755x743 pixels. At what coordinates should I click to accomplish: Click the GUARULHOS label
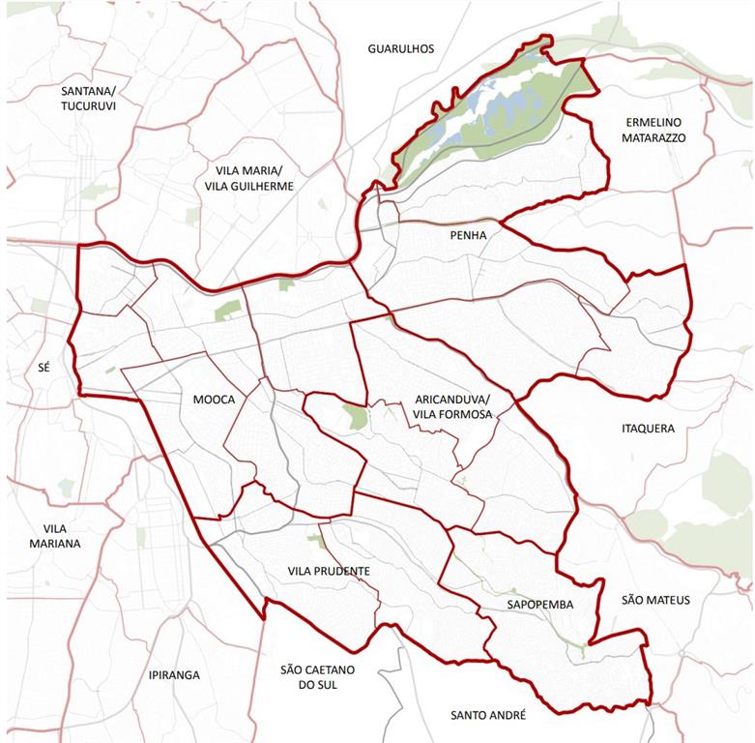[401, 48]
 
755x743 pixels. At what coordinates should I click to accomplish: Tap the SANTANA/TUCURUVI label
[88, 98]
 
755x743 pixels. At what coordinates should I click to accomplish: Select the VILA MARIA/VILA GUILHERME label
[243, 178]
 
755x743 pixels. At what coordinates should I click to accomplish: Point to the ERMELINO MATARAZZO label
[654, 131]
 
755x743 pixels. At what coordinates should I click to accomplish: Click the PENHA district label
[468, 235]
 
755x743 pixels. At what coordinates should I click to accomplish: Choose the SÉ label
[42, 368]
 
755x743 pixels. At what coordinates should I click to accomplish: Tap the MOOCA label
[214, 399]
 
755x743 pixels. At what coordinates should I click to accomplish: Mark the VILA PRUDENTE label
[329, 572]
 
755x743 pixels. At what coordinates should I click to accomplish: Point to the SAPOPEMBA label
[539, 605]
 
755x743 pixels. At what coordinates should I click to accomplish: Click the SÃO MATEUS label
[655, 600]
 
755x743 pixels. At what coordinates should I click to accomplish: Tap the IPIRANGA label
[174, 674]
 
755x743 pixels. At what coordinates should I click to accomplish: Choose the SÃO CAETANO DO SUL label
[317, 677]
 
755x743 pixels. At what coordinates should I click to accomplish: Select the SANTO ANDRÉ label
[488, 715]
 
